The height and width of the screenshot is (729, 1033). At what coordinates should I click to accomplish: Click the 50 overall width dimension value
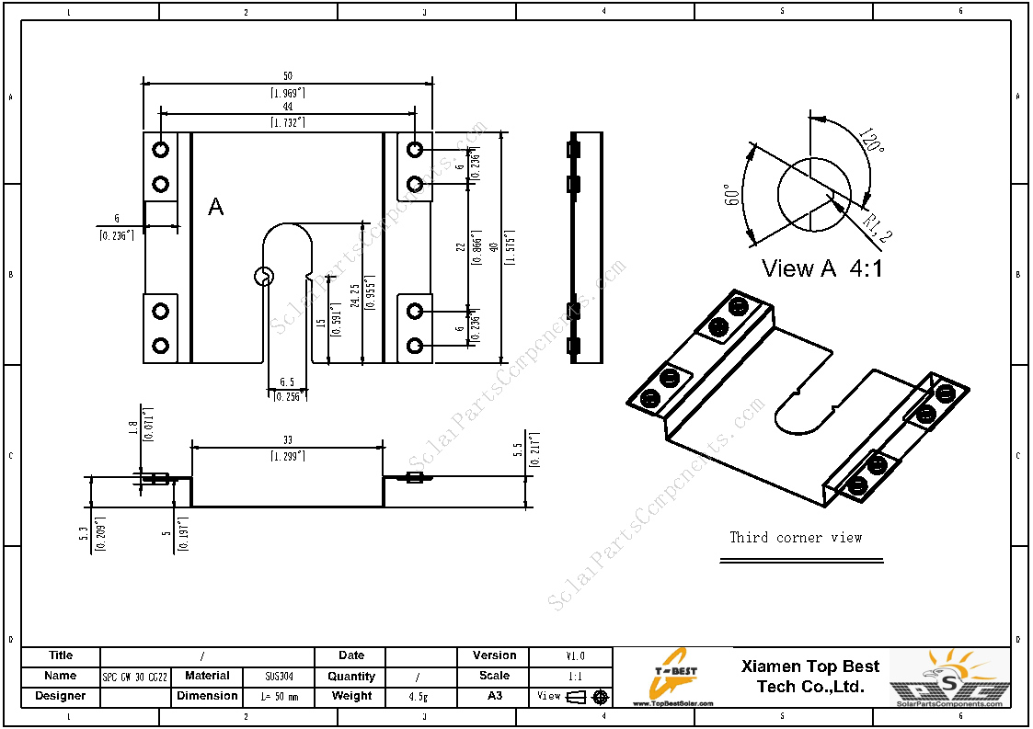click(x=288, y=76)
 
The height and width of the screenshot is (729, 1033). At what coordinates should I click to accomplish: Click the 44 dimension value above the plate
click(x=288, y=107)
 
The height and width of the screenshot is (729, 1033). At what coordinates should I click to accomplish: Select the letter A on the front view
click(x=215, y=207)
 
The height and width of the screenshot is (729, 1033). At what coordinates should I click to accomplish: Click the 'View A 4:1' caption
click(x=821, y=268)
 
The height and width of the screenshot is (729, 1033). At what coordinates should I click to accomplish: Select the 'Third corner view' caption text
click(x=796, y=537)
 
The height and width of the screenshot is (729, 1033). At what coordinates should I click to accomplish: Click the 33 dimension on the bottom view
click(x=287, y=440)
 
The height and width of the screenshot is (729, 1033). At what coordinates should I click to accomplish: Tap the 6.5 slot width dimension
click(x=286, y=382)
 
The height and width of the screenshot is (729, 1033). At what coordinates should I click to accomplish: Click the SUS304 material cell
click(x=280, y=677)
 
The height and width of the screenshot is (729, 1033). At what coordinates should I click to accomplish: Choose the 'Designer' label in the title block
click(x=61, y=696)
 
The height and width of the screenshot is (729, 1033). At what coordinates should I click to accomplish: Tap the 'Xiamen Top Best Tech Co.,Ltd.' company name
click(x=809, y=676)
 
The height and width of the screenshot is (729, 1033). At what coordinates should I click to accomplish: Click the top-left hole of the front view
click(x=161, y=149)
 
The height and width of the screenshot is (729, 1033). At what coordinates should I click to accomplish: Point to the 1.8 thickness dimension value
click(x=134, y=427)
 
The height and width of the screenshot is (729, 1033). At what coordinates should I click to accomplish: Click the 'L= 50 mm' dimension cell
click(x=280, y=697)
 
